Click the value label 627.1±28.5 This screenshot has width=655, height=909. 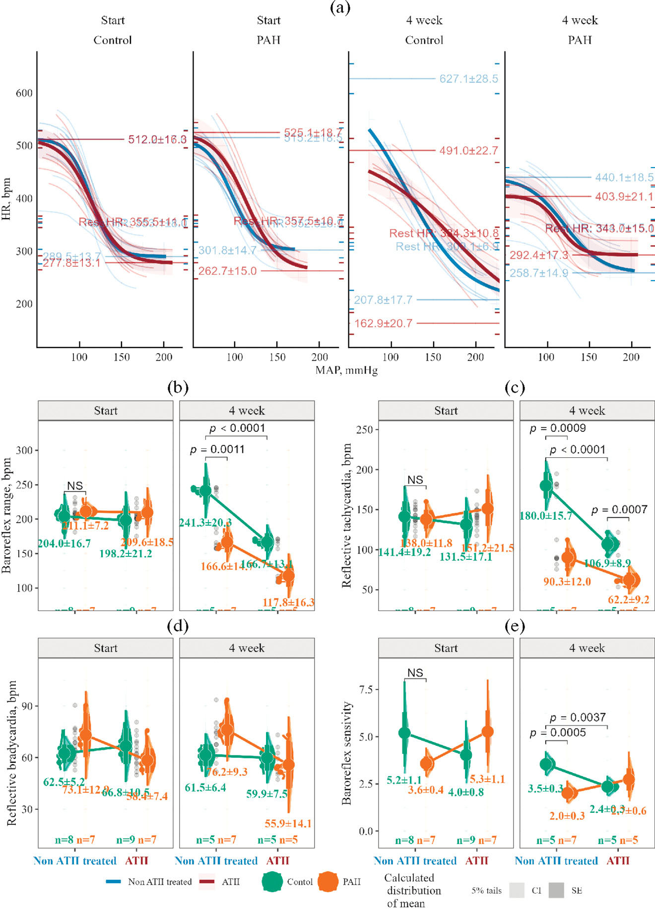pos(468,79)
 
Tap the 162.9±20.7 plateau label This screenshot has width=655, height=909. pos(383,323)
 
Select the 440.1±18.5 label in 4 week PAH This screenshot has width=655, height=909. pos(624,178)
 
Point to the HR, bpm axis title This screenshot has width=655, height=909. pos(6,199)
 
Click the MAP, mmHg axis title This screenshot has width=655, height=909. pos(346,370)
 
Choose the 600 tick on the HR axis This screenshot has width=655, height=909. pos(24,93)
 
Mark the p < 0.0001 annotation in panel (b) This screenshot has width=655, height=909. pos(237,428)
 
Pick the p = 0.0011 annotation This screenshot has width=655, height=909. pos(217,449)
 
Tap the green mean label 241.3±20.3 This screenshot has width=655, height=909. pos(205,523)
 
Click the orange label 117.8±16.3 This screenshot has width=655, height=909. pos(288,602)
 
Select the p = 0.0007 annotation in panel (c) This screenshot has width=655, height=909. pos(619,509)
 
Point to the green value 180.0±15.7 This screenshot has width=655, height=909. pos(545,516)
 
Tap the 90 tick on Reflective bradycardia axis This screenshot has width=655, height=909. pos(27,706)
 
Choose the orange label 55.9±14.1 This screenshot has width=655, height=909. pos(288,824)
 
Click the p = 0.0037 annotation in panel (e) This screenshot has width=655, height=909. pos(577,717)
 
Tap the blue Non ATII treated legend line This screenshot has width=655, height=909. pos(114,882)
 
